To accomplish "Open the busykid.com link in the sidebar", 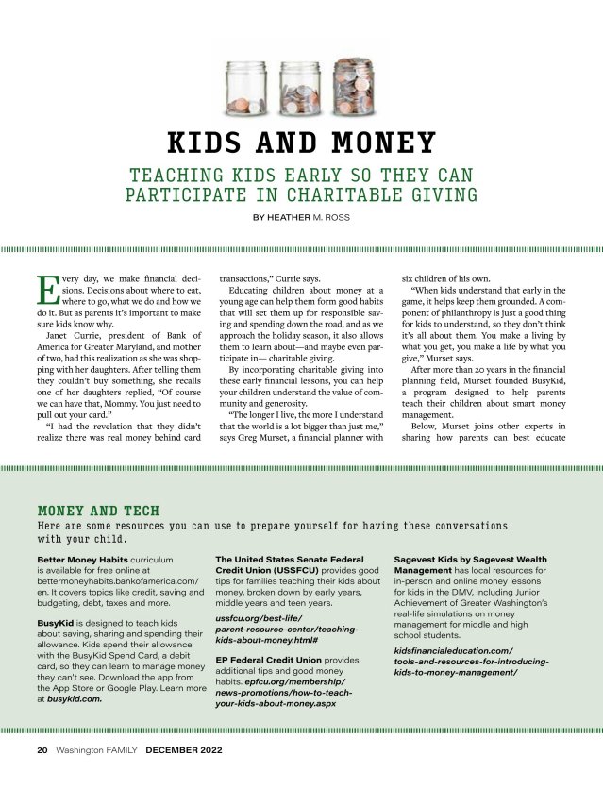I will tap(75, 699).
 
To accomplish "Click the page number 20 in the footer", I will tap(42, 752).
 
